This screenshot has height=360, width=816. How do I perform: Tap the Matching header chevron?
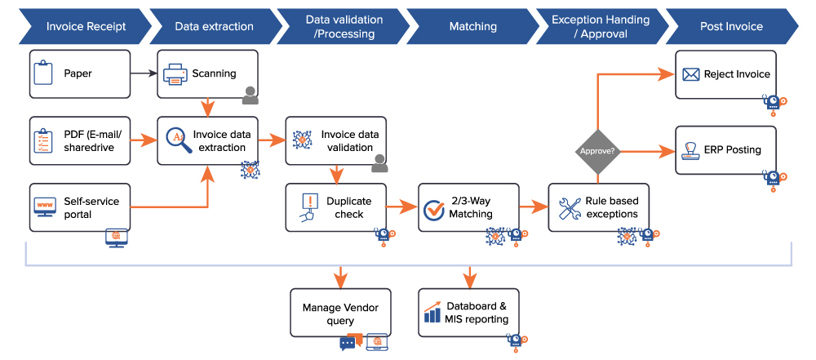[x=472, y=26]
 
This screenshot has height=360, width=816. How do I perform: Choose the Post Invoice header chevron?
[x=731, y=26]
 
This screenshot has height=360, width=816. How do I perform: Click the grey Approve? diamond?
[x=598, y=151]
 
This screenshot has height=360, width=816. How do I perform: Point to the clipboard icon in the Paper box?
[x=43, y=73]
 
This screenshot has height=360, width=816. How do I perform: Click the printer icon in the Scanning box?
[x=175, y=74]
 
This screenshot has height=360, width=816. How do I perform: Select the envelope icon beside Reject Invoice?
[x=691, y=74]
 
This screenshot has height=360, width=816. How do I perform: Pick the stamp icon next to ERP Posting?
[x=691, y=150]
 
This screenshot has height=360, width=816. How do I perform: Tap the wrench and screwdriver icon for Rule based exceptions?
[x=569, y=208]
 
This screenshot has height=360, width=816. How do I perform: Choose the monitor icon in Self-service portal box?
[x=44, y=207]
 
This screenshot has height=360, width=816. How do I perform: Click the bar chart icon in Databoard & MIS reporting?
[x=432, y=312]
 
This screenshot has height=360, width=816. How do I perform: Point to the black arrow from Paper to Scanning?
[x=144, y=73]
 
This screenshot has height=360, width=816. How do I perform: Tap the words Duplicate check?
[x=348, y=207]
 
